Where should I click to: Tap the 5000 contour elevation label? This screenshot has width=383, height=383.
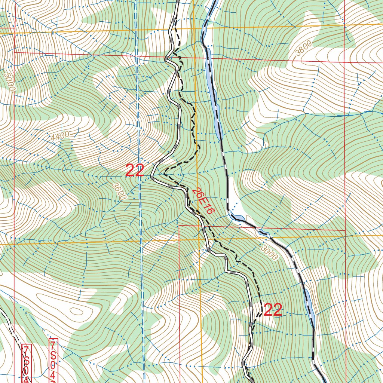point(9,82)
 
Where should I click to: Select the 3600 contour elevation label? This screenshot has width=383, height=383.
point(119,191)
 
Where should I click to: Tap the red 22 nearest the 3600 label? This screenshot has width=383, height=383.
point(135,171)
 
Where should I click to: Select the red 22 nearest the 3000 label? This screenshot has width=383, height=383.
point(273,310)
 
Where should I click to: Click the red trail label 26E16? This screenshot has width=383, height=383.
point(204,201)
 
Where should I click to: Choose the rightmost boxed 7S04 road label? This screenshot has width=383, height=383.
point(54,361)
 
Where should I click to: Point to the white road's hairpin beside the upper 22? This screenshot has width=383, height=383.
point(152,176)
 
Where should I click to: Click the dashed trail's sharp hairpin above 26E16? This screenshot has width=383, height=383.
point(165,174)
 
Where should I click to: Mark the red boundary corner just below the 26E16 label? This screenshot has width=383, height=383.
point(180,226)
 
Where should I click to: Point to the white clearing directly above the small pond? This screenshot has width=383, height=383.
point(232,194)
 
